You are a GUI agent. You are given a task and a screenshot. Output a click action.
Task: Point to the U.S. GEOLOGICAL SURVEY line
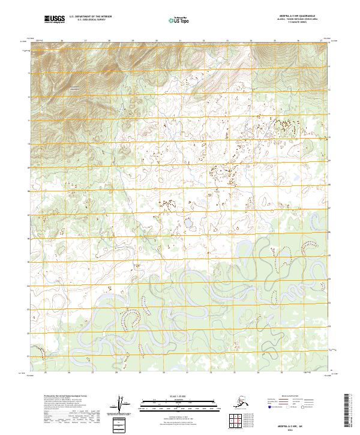[88, 22]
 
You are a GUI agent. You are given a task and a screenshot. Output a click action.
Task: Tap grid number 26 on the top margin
[62, 41]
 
